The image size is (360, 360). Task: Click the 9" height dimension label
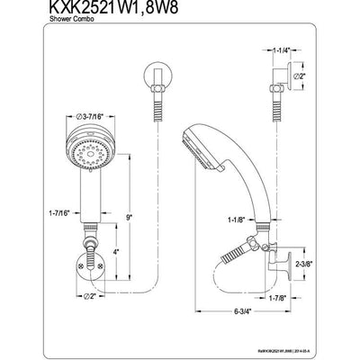click(x=131, y=216)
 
